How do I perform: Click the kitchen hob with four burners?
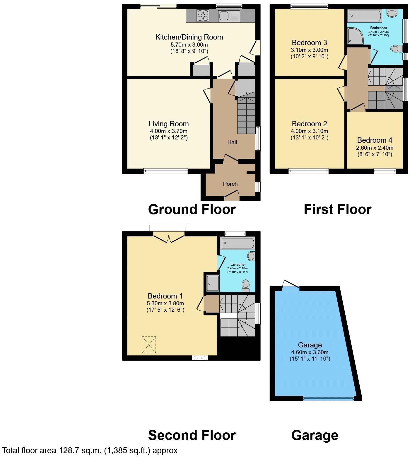(x=203, y=16)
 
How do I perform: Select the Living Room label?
(x=169, y=124)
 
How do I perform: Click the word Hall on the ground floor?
(x=232, y=142)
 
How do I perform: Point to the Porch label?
(x=230, y=184)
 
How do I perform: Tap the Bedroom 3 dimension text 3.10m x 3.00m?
(x=310, y=50)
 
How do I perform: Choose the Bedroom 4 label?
(x=375, y=140)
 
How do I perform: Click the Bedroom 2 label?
(x=310, y=124)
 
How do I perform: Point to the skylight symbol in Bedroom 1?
(x=149, y=345)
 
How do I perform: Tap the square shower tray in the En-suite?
(x=213, y=283)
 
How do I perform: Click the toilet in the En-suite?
(x=245, y=285)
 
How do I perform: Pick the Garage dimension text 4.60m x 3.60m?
(x=310, y=352)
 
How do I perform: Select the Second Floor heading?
(x=192, y=435)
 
